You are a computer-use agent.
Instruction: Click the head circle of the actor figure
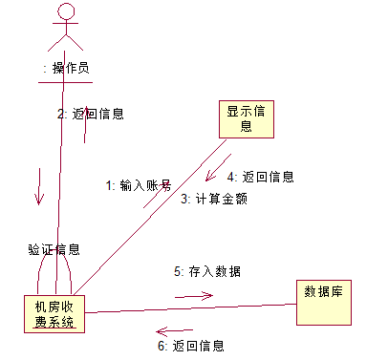(x=66, y=12)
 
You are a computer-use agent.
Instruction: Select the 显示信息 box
(x=247, y=119)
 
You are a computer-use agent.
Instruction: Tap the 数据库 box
(x=324, y=303)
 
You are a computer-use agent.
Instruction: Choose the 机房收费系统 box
(x=54, y=314)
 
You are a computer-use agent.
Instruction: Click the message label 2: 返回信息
(x=91, y=114)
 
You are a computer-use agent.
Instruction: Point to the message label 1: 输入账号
(x=139, y=185)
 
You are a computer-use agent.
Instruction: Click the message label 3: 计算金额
(x=214, y=199)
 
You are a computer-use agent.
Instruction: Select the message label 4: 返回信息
(x=260, y=177)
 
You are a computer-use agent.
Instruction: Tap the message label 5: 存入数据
(x=207, y=271)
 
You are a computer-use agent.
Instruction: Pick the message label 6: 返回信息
(x=191, y=346)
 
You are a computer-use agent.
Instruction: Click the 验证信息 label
(x=54, y=249)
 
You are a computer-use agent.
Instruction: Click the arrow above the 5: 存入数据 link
(x=194, y=296)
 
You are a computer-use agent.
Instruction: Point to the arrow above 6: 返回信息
(x=175, y=331)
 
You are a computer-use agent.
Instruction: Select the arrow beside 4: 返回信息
(x=218, y=168)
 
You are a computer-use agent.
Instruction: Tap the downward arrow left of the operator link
(x=39, y=186)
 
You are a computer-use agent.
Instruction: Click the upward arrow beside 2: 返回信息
(x=85, y=124)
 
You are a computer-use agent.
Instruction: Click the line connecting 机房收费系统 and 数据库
(x=190, y=308)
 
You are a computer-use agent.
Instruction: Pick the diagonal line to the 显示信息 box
(x=150, y=217)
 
